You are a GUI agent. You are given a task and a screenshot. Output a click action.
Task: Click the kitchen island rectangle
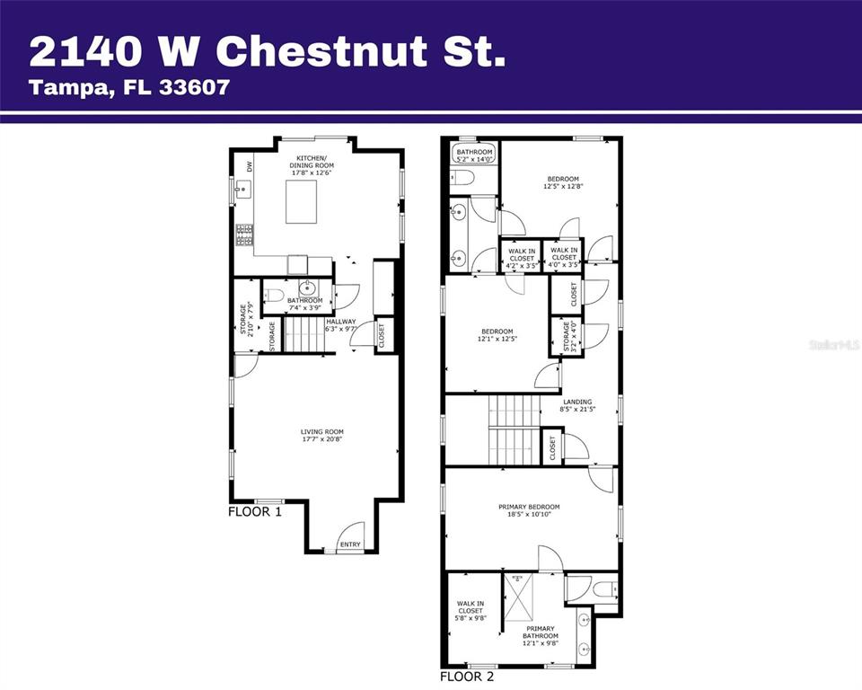click(303, 201)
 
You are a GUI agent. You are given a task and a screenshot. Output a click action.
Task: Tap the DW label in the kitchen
click(250, 166)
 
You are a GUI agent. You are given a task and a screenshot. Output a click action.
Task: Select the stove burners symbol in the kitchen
click(243, 234)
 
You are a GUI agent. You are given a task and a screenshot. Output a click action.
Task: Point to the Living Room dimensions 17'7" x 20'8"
click(321, 439)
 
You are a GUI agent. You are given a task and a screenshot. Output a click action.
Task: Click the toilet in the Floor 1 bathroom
click(275, 295)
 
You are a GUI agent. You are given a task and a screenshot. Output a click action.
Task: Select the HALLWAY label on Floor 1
click(340, 322)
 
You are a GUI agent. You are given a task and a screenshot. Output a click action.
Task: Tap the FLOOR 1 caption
click(255, 512)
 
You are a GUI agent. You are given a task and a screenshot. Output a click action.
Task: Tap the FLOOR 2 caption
click(466, 677)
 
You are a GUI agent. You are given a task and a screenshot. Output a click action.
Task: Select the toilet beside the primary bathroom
click(604, 590)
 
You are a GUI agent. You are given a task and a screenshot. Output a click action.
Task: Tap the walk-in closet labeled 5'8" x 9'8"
click(471, 611)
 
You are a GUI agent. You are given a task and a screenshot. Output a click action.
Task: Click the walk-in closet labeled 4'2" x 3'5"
click(522, 259)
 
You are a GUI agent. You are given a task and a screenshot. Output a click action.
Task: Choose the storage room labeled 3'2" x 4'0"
click(567, 340)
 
